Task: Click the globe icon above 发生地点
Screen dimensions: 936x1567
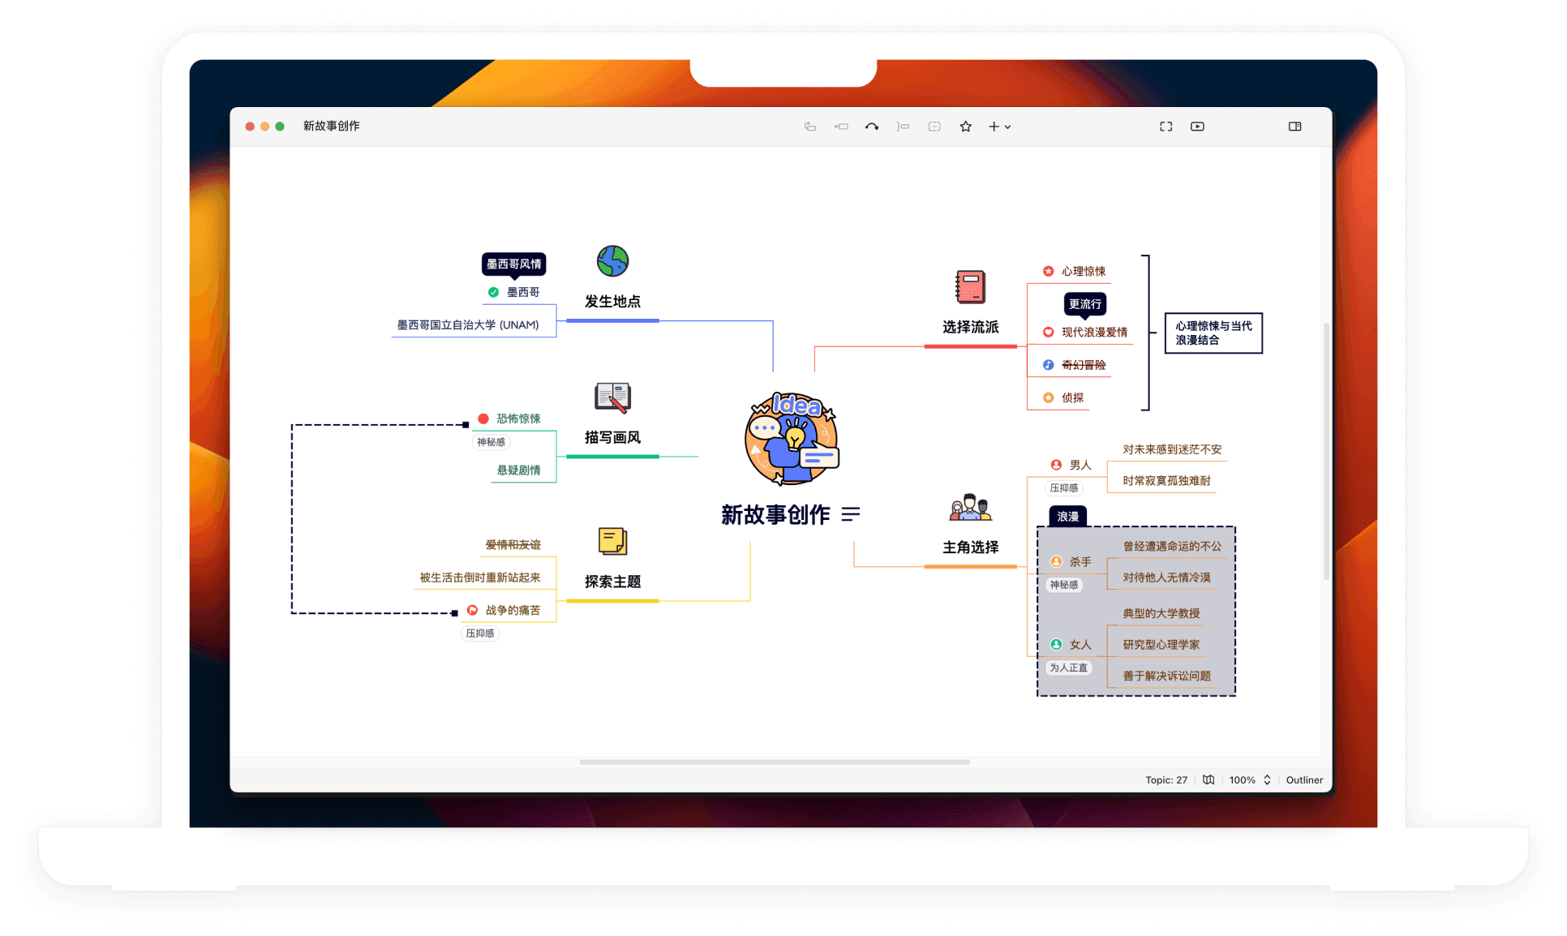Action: pyautogui.click(x=612, y=261)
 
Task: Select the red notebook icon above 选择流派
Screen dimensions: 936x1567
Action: pyautogui.click(x=970, y=287)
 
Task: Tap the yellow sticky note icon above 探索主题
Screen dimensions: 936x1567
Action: pyautogui.click(x=612, y=541)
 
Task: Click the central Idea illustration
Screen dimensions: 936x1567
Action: pyautogui.click(x=792, y=439)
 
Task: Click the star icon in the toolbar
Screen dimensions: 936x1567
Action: pyautogui.click(x=965, y=127)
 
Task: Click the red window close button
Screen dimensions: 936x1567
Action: pyautogui.click(x=250, y=127)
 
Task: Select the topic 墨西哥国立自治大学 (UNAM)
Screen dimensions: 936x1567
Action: pyautogui.click(x=467, y=325)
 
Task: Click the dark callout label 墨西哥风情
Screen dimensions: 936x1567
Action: pyautogui.click(x=513, y=264)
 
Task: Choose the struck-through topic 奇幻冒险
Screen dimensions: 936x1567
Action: pyautogui.click(x=1084, y=365)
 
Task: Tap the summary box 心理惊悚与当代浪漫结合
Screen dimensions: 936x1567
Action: pyautogui.click(x=1213, y=333)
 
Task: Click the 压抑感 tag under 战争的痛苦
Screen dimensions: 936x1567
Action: pyautogui.click(x=480, y=633)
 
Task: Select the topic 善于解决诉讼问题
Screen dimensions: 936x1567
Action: pyautogui.click(x=1166, y=676)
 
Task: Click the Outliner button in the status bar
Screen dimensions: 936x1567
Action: pyautogui.click(x=1304, y=780)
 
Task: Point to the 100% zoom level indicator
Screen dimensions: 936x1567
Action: pyautogui.click(x=1242, y=780)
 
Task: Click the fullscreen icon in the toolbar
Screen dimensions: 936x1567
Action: pyautogui.click(x=1166, y=127)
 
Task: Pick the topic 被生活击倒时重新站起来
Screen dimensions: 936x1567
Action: pyautogui.click(x=479, y=577)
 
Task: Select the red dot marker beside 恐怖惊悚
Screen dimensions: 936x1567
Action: pyautogui.click(x=483, y=419)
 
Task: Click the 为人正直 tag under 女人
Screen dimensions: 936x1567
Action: pyautogui.click(x=1068, y=668)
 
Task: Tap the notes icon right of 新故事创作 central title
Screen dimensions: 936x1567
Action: pyautogui.click(x=850, y=514)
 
